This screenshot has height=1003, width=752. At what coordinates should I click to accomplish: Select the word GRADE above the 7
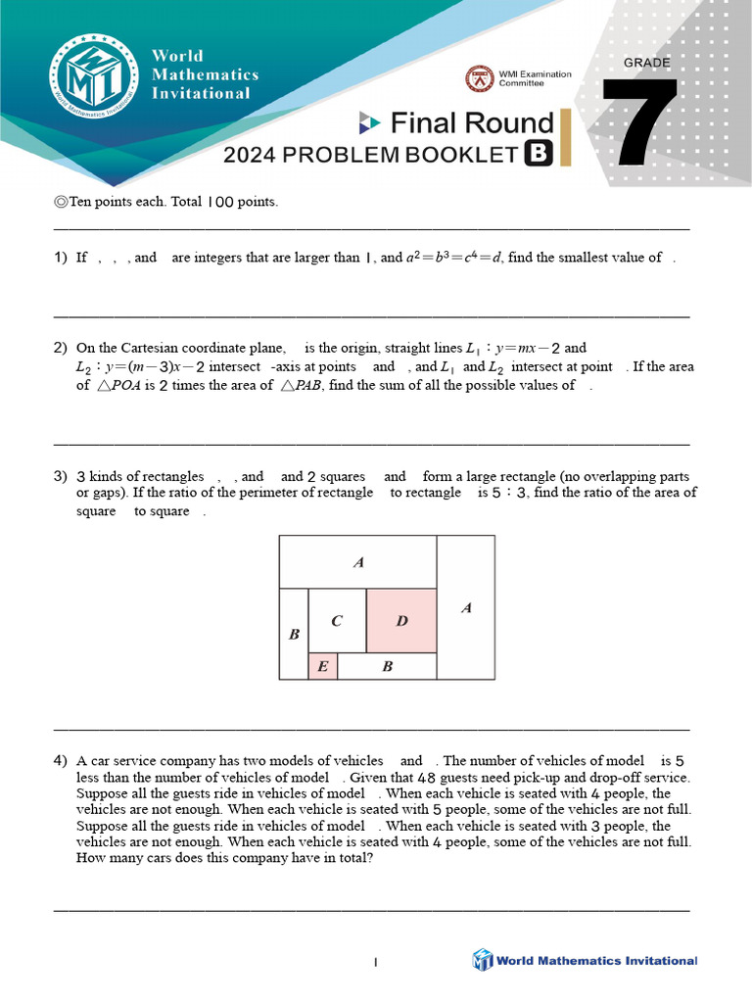pyautogui.click(x=647, y=63)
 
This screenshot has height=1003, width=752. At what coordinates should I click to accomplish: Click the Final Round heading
pyautogui.click(x=471, y=123)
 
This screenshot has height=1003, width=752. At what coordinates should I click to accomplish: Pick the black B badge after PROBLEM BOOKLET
pyautogui.click(x=538, y=154)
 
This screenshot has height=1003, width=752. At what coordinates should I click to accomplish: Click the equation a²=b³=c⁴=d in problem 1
pyautogui.click(x=454, y=258)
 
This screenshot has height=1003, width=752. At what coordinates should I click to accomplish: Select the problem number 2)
pyautogui.click(x=61, y=348)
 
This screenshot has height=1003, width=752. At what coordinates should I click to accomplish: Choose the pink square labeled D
pyautogui.click(x=401, y=621)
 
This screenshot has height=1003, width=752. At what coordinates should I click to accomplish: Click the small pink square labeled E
pyautogui.click(x=322, y=667)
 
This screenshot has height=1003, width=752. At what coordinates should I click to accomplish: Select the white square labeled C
pyautogui.click(x=337, y=621)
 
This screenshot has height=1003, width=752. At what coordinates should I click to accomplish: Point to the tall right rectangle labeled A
pyautogui.click(x=466, y=607)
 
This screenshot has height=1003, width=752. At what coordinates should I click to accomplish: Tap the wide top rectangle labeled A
pyautogui.click(x=357, y=562)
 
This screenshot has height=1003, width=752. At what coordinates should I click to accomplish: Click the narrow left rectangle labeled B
pyautogui.click(x=293, y=634)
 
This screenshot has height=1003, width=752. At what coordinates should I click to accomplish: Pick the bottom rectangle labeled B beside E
pyautogui.click(x=387, y=667)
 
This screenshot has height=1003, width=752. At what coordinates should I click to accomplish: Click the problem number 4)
pyautogui.click(x=61, y=761)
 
